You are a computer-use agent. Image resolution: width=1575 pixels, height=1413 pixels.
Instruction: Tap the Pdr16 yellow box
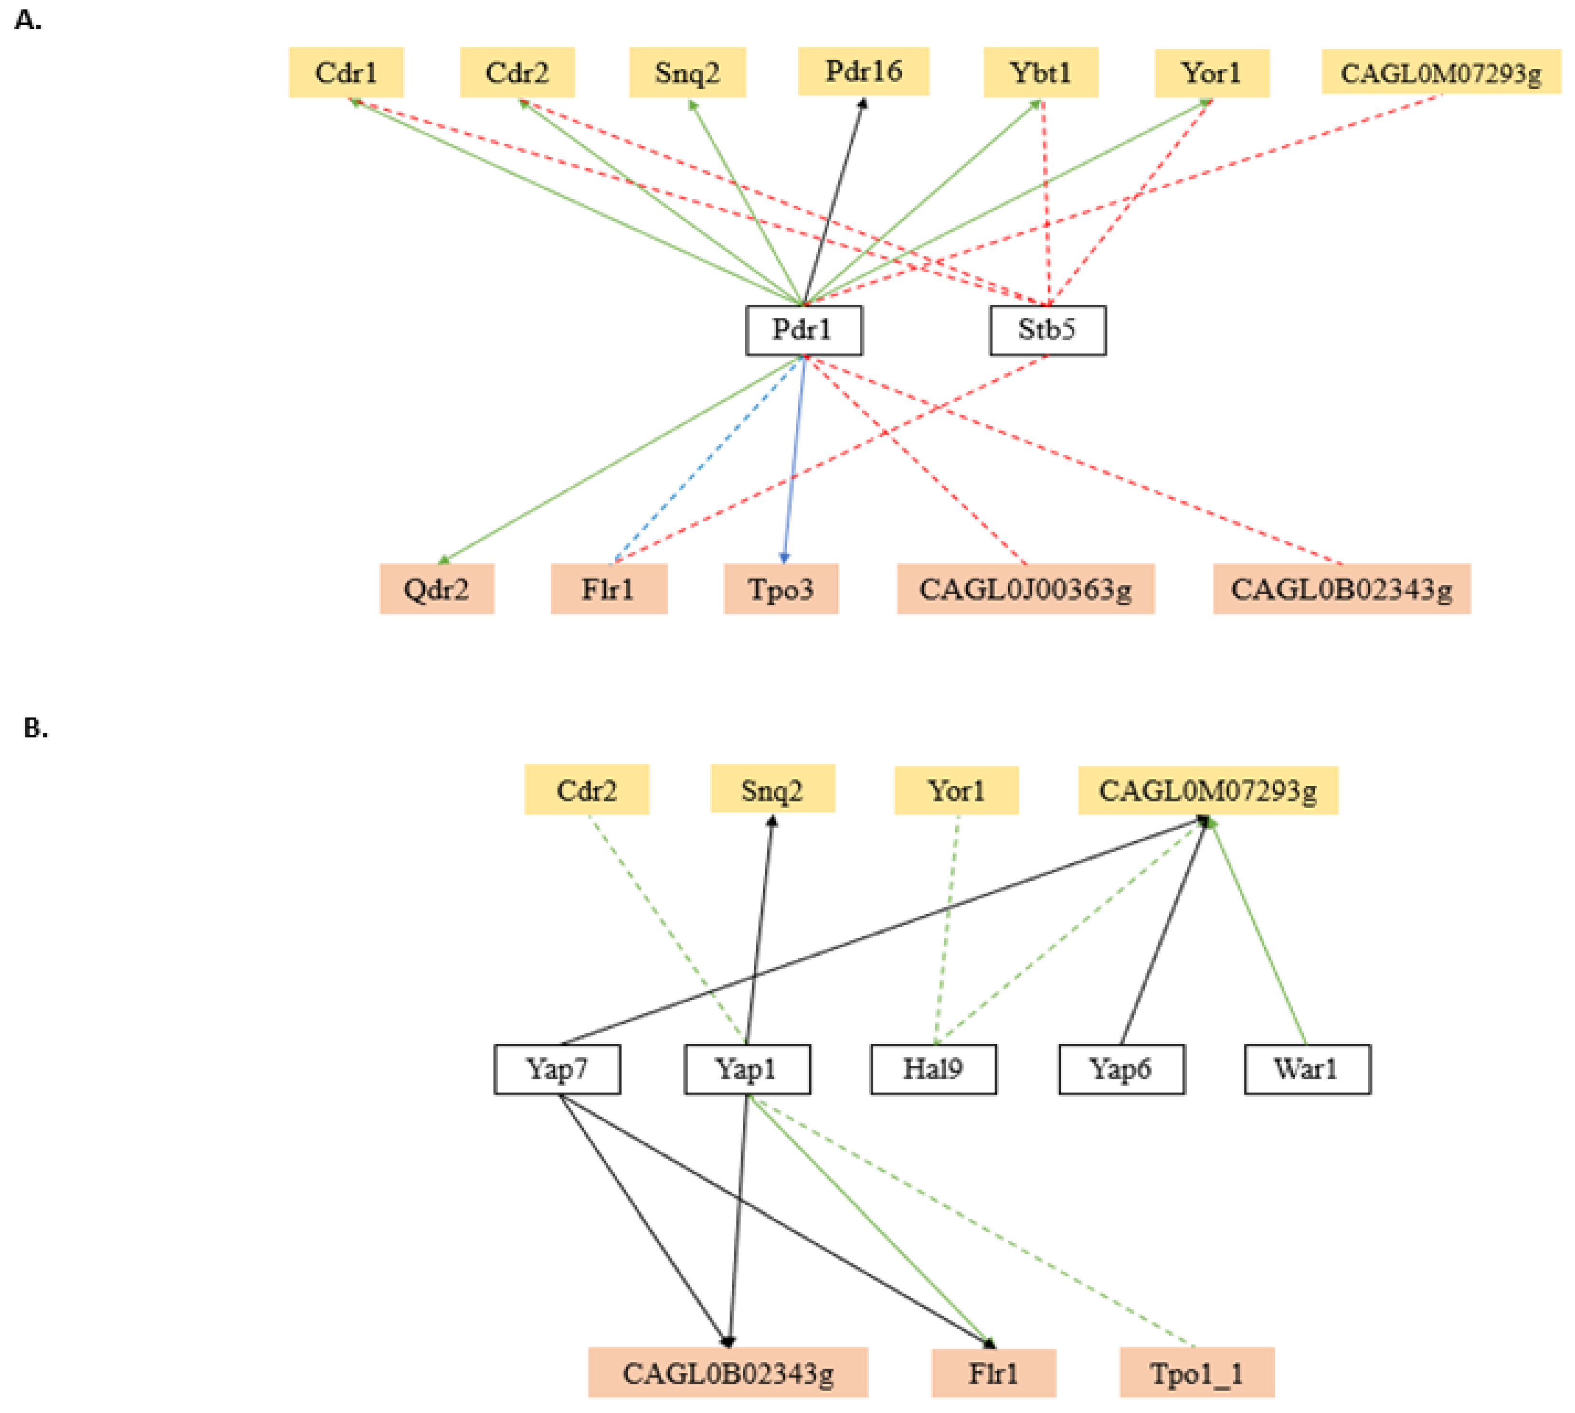point(863,72)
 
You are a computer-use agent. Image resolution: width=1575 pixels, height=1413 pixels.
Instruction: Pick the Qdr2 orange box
point(436,589)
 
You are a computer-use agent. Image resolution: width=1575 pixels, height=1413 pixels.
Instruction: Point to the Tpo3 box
point(781,589)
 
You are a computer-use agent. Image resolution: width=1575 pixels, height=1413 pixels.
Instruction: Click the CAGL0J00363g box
point(1025,589)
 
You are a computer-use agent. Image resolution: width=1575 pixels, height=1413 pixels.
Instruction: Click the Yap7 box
point(557,1069)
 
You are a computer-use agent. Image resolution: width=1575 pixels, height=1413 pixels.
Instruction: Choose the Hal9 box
point(933,1069)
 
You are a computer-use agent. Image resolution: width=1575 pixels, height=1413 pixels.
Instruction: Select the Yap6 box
point(1120,1069)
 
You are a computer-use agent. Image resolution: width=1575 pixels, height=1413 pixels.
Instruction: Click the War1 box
point(1307,1069)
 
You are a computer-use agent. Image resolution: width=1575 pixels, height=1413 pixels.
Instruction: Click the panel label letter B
point(34,728)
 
